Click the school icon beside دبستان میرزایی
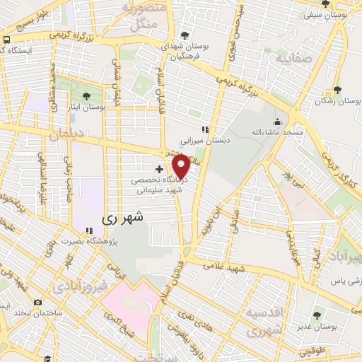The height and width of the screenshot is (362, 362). pos(205,129)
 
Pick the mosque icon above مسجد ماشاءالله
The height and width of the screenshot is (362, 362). pos(277,122)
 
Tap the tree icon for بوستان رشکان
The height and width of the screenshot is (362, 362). pos(337,90)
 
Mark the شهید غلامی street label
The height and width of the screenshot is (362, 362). pos(223,266)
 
